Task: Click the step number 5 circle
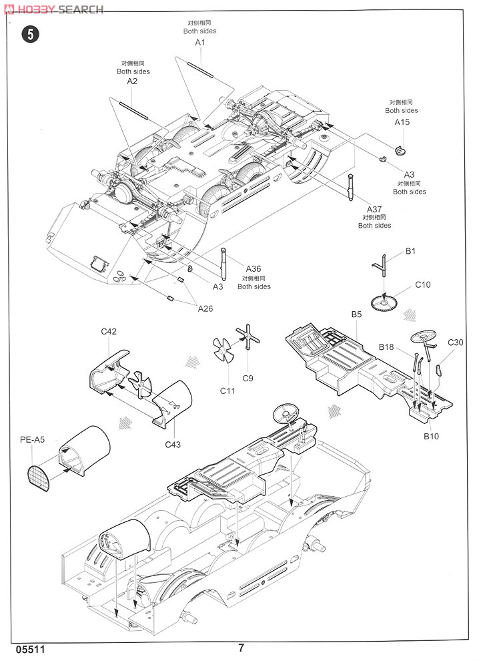(x=30, y=34)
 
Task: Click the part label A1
(x=200, y=42)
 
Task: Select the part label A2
(x=132, y=81)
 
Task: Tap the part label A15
(x=402, y=122)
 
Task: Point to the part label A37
(x=374, y=209)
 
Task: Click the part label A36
(x=253, y=268)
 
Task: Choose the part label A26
(x=205, y=308)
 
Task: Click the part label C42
(x=109, y=331)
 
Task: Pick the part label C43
(x=173, y=444)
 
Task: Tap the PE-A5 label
(x=32, y=440)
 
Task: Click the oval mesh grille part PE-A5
(x=39, y=478)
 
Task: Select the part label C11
(x=227, y=391)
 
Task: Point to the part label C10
(x=423, y=284)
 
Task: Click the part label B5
(x=356, y=314)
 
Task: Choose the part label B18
(x=386, y=347)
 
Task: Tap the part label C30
(x=455, y=343)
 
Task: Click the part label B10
(x=432, y=436)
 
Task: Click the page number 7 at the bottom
(x=241, y=648)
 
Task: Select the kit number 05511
(x=30, y=650)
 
